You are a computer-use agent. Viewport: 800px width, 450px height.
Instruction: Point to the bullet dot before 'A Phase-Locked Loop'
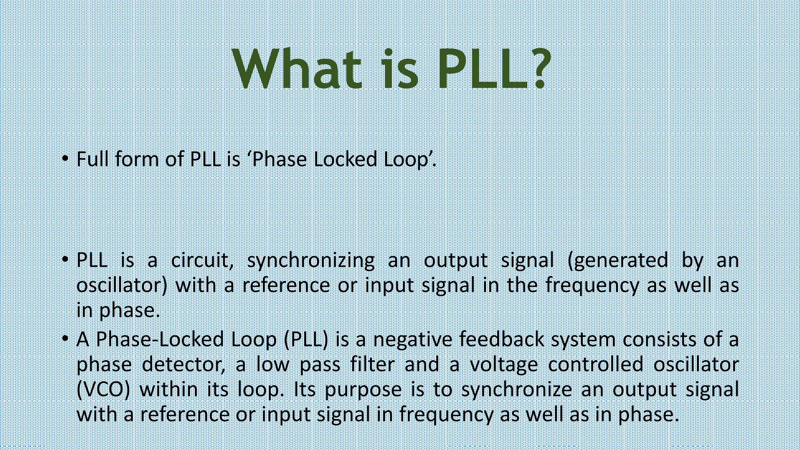65,338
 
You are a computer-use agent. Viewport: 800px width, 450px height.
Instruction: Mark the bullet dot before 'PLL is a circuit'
65,259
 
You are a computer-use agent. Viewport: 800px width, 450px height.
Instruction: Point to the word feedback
502,339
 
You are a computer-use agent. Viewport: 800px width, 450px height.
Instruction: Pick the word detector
183,365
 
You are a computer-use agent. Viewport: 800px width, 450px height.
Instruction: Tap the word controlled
595,365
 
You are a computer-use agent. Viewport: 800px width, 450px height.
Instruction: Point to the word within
168,390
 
